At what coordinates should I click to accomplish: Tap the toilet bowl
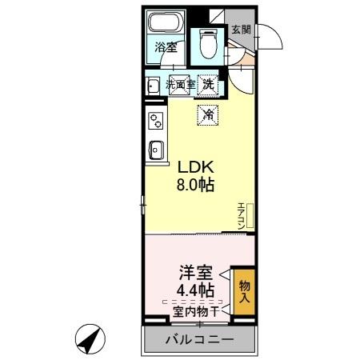point(209,43)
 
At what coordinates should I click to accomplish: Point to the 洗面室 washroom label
point(180,83)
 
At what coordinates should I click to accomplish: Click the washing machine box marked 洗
point(208,83)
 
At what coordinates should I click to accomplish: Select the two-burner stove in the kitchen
point(155,121)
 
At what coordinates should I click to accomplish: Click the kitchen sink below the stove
point(156,150)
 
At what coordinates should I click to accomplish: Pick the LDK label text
point(194,168)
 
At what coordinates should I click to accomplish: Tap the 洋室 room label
point(195,272)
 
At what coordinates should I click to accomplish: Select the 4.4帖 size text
point(195,290)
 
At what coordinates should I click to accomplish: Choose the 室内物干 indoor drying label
point(194,310)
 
